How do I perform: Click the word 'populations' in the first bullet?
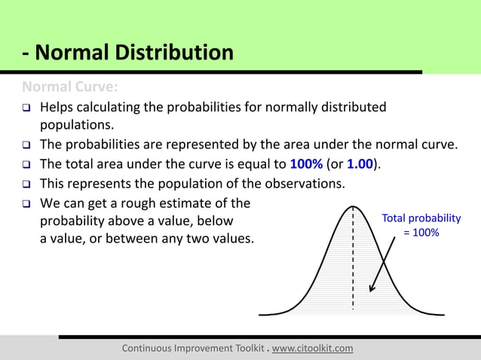tap(78, 125)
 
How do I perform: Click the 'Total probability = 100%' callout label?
tap(421, 225)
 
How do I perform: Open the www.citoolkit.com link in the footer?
tap(312, 348)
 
